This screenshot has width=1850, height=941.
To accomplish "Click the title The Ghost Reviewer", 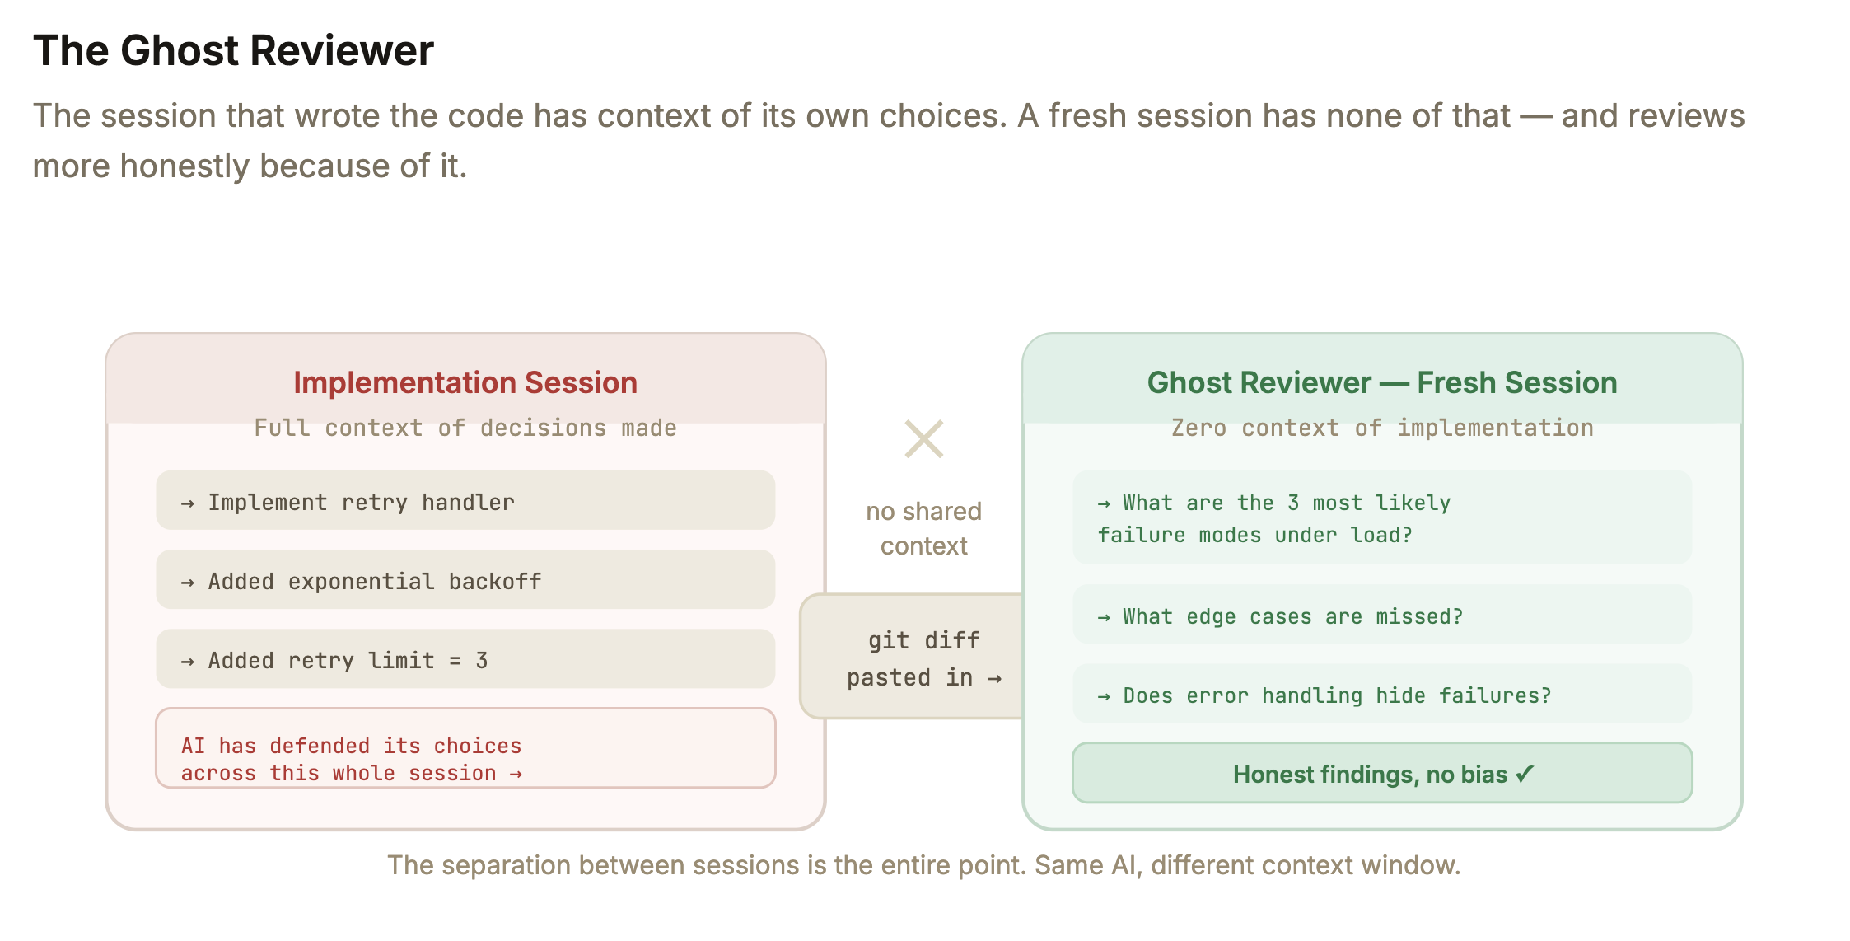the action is [x=233, y=50].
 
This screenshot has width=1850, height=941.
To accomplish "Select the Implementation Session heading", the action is [x=465, y=383].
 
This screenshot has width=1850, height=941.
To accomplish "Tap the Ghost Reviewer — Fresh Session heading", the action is [x=1382, y=383].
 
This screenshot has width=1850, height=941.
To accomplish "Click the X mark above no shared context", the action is [x=924, y=439].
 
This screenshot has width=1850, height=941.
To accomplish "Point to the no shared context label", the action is [x=924, y=528].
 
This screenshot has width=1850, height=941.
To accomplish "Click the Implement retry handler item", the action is [x=465, y=500].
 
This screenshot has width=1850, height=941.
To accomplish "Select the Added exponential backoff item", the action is [x=465, y=579].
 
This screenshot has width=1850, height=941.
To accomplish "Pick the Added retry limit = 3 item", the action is [x=465, y=658].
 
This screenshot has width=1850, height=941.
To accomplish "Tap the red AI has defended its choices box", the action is [x=465, y=748].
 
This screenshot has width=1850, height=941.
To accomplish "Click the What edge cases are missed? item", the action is [x=1382, y=615].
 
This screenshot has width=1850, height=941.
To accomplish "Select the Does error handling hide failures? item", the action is [x=1382, y=694].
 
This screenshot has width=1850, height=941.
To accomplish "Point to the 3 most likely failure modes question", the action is [x=1382, y=517].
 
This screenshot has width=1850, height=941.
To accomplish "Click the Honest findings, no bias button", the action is [x=1382, y=773].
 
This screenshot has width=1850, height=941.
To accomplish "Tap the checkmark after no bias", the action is [x=1525, y=774].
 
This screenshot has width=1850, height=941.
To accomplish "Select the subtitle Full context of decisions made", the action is [x=465, y=428].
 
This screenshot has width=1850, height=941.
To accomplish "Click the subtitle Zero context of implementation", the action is [x=1382, y=428].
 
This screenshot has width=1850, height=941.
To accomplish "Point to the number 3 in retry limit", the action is [x=482, y=661].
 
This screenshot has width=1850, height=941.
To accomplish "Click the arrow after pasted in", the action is [x=994, y=679].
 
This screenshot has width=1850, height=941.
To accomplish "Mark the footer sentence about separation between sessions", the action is [x=924, y=865].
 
